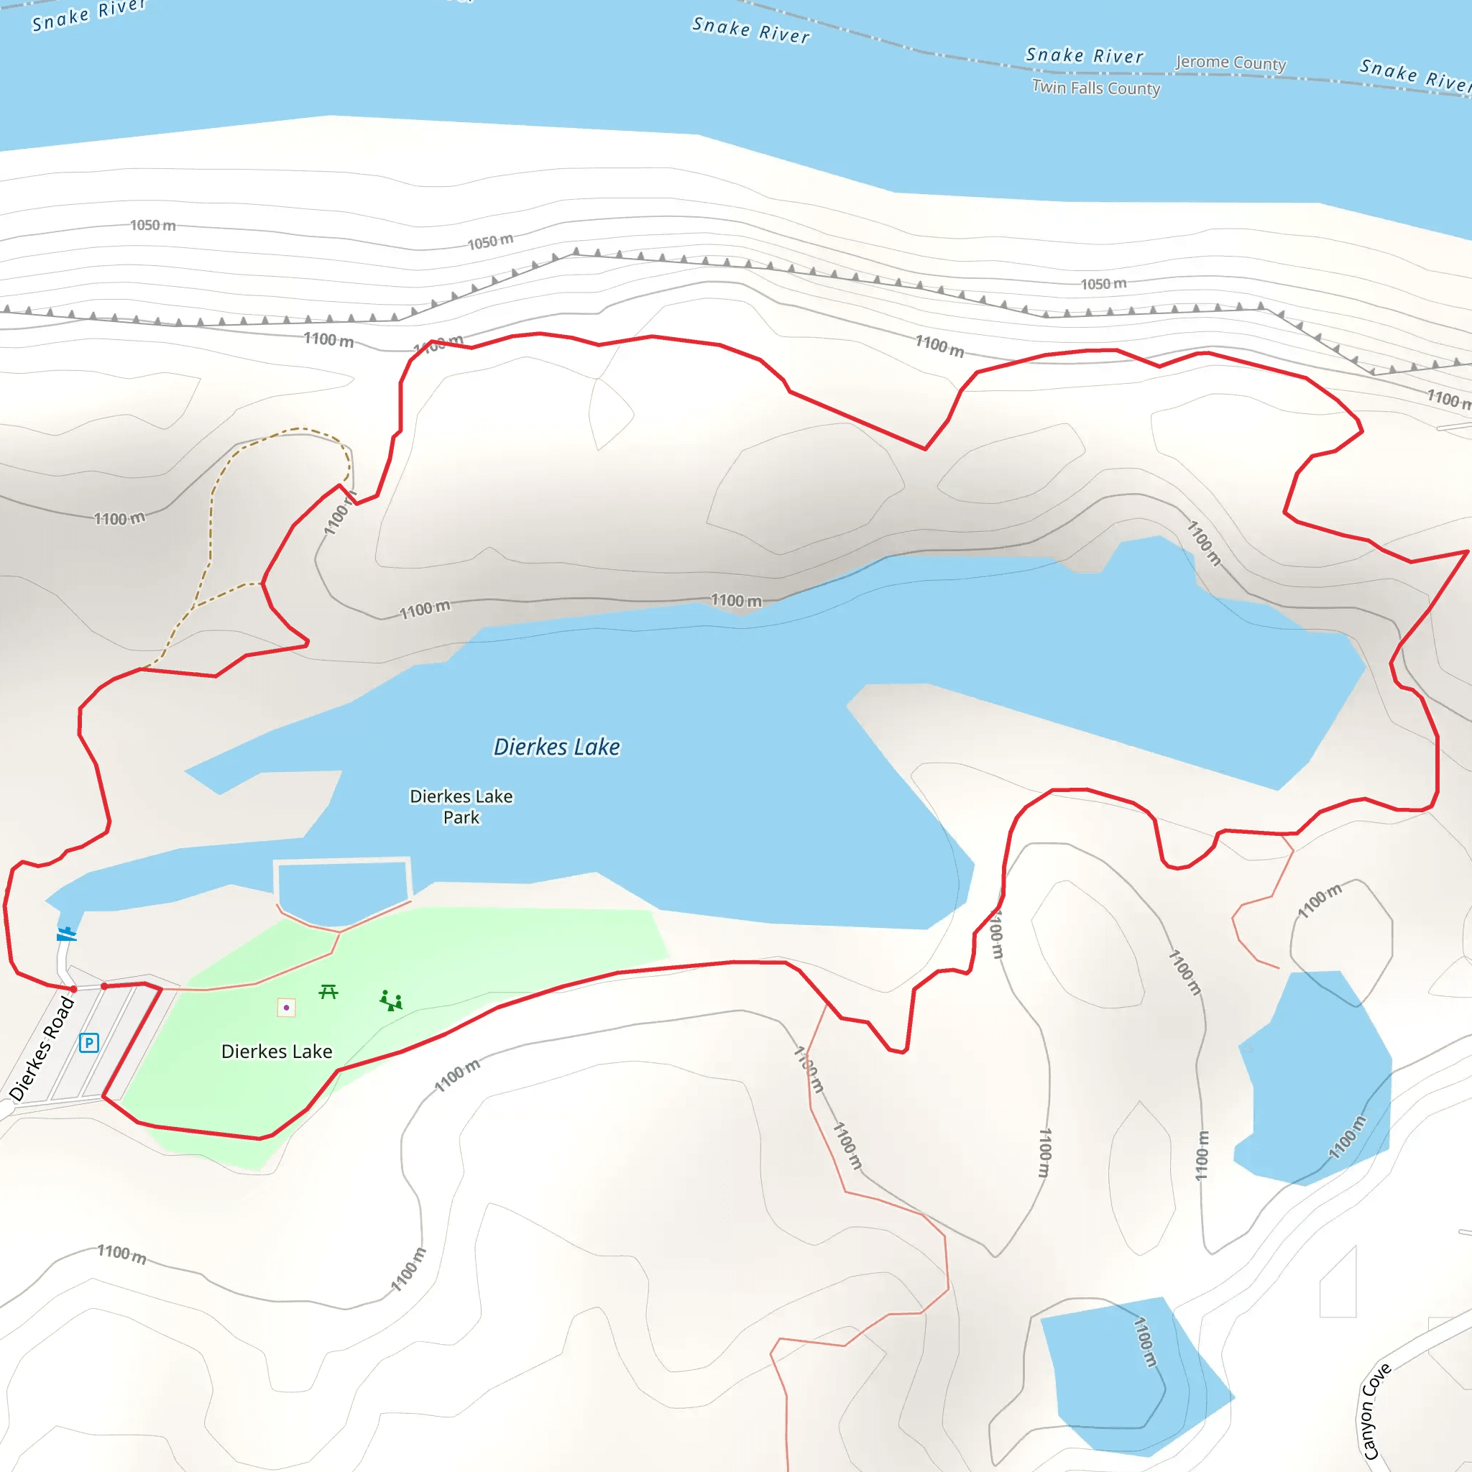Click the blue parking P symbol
tap(88, 1042)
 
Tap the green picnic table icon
tap(328, 991)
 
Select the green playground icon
tap(391, 1000)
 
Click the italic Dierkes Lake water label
tap(556, 747)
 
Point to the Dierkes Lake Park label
tap(461, 806)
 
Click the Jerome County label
tap(1230, 63)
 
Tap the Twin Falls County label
tap(1095, 88)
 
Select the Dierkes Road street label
tap(42, 1049)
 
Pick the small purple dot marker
tap(287, 1007)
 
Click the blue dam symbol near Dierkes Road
tap(67, 934)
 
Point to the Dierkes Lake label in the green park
tap(277, 1052)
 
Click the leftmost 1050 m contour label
tap(152, 225)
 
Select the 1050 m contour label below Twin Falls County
tap(1103, 283)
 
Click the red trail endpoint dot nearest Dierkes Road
tap(74, 989)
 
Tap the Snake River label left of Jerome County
tap(1084, 55)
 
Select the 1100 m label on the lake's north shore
tap(736, 600)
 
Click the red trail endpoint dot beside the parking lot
tap(104, 986)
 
